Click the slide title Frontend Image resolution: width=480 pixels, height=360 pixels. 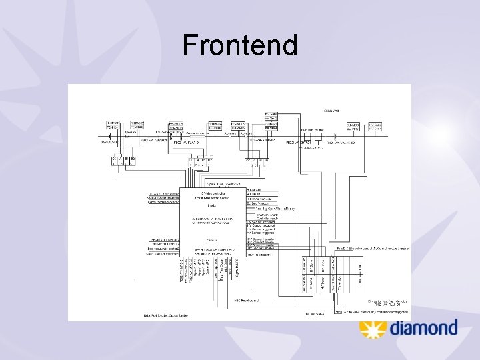[239, 45]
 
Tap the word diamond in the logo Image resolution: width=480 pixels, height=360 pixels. [423, 328]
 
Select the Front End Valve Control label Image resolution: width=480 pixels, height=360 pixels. [211, 198]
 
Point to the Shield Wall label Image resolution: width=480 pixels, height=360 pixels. [331, 111]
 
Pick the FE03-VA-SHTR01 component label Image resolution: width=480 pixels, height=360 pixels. [299, 143]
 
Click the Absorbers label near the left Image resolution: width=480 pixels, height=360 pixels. [111, 132]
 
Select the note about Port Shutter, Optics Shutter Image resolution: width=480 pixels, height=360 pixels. [166, 315]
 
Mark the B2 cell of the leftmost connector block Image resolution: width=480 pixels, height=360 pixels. [132, 159]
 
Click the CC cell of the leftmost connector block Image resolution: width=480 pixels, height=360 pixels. [114, 159]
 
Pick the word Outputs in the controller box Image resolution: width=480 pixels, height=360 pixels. [212, 240]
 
